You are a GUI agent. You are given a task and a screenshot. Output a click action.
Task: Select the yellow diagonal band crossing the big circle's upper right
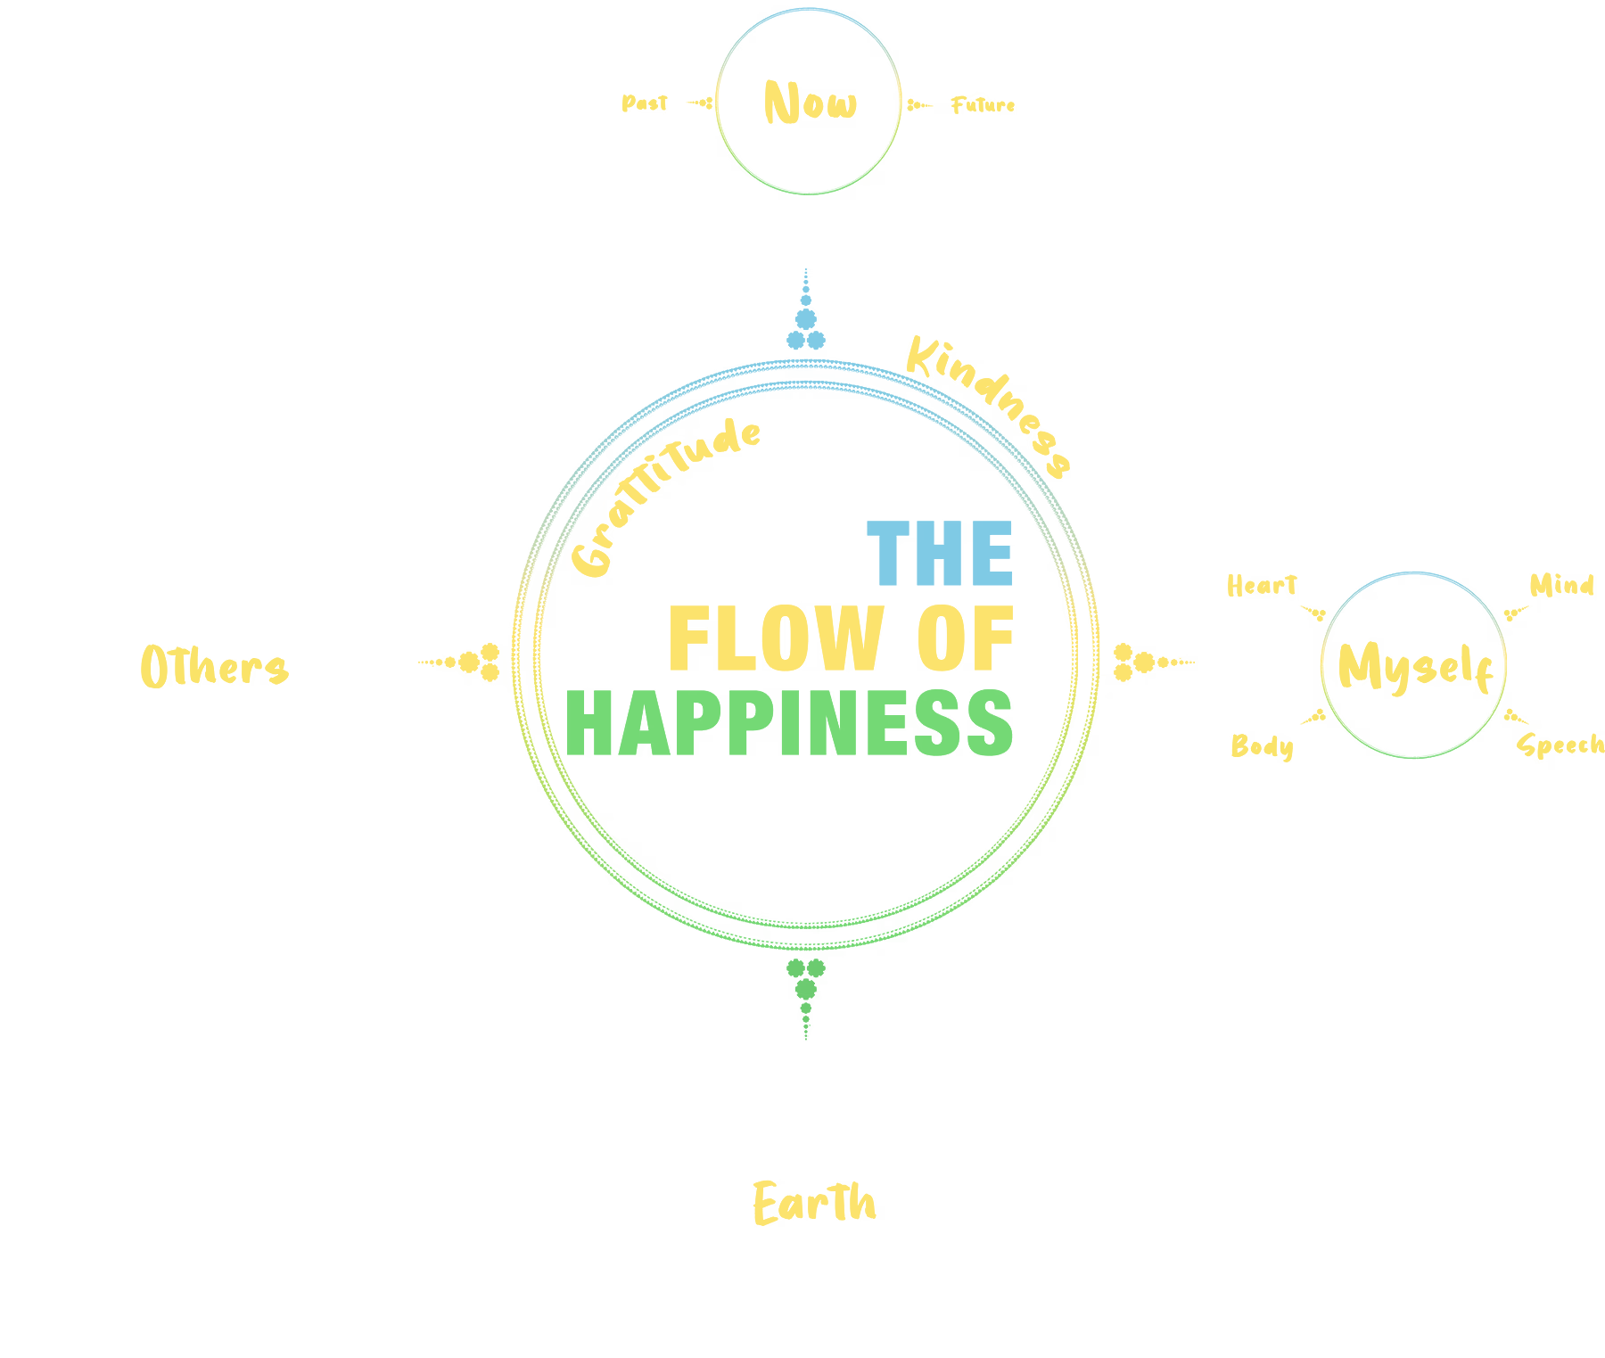1017,374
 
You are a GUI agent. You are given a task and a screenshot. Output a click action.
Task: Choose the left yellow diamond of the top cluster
615,103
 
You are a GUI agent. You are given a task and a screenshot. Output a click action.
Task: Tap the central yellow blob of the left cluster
217,664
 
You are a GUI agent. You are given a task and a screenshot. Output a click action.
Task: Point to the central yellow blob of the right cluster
1413,664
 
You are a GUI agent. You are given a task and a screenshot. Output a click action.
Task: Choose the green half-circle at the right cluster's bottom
1413,785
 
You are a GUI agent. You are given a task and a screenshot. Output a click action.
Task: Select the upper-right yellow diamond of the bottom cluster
959,1110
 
